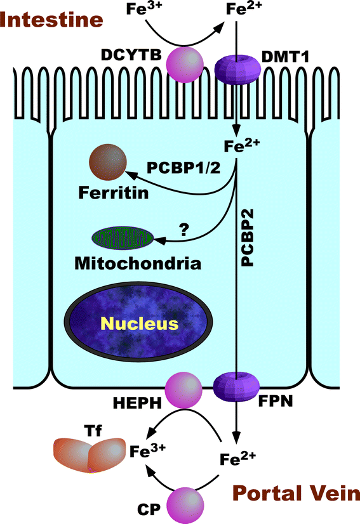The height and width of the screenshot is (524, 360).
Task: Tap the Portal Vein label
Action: coord(296,493)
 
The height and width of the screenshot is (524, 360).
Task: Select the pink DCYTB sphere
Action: coord(185,64)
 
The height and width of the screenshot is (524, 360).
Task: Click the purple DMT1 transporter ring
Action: coord(236,65)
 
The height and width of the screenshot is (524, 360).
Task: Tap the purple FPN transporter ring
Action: coord(236,386)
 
